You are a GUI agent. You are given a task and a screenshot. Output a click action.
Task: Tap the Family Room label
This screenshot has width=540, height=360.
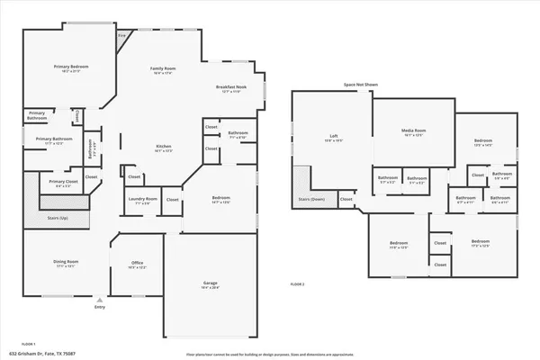pos(163,68)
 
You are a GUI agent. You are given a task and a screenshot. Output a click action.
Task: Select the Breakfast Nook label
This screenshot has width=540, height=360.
pos(230,87)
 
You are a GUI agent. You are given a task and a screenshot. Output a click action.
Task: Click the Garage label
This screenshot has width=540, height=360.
pos(209,284)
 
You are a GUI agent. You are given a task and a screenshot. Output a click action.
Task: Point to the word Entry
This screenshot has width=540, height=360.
pos(100,308)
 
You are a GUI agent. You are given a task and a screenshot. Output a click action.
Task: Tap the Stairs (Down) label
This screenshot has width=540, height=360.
pos(310,199)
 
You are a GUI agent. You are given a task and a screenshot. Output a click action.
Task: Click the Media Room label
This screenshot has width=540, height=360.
pos(413,131)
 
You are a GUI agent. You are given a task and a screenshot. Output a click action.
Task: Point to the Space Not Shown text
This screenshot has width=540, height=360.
pos(360,85)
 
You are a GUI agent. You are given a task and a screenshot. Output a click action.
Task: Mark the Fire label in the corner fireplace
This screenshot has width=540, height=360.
pos(122,37)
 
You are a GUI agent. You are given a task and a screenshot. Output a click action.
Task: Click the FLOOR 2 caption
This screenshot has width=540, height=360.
pos(297,283)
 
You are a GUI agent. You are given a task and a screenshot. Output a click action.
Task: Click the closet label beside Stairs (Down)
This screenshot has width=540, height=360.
pos(346,199)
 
